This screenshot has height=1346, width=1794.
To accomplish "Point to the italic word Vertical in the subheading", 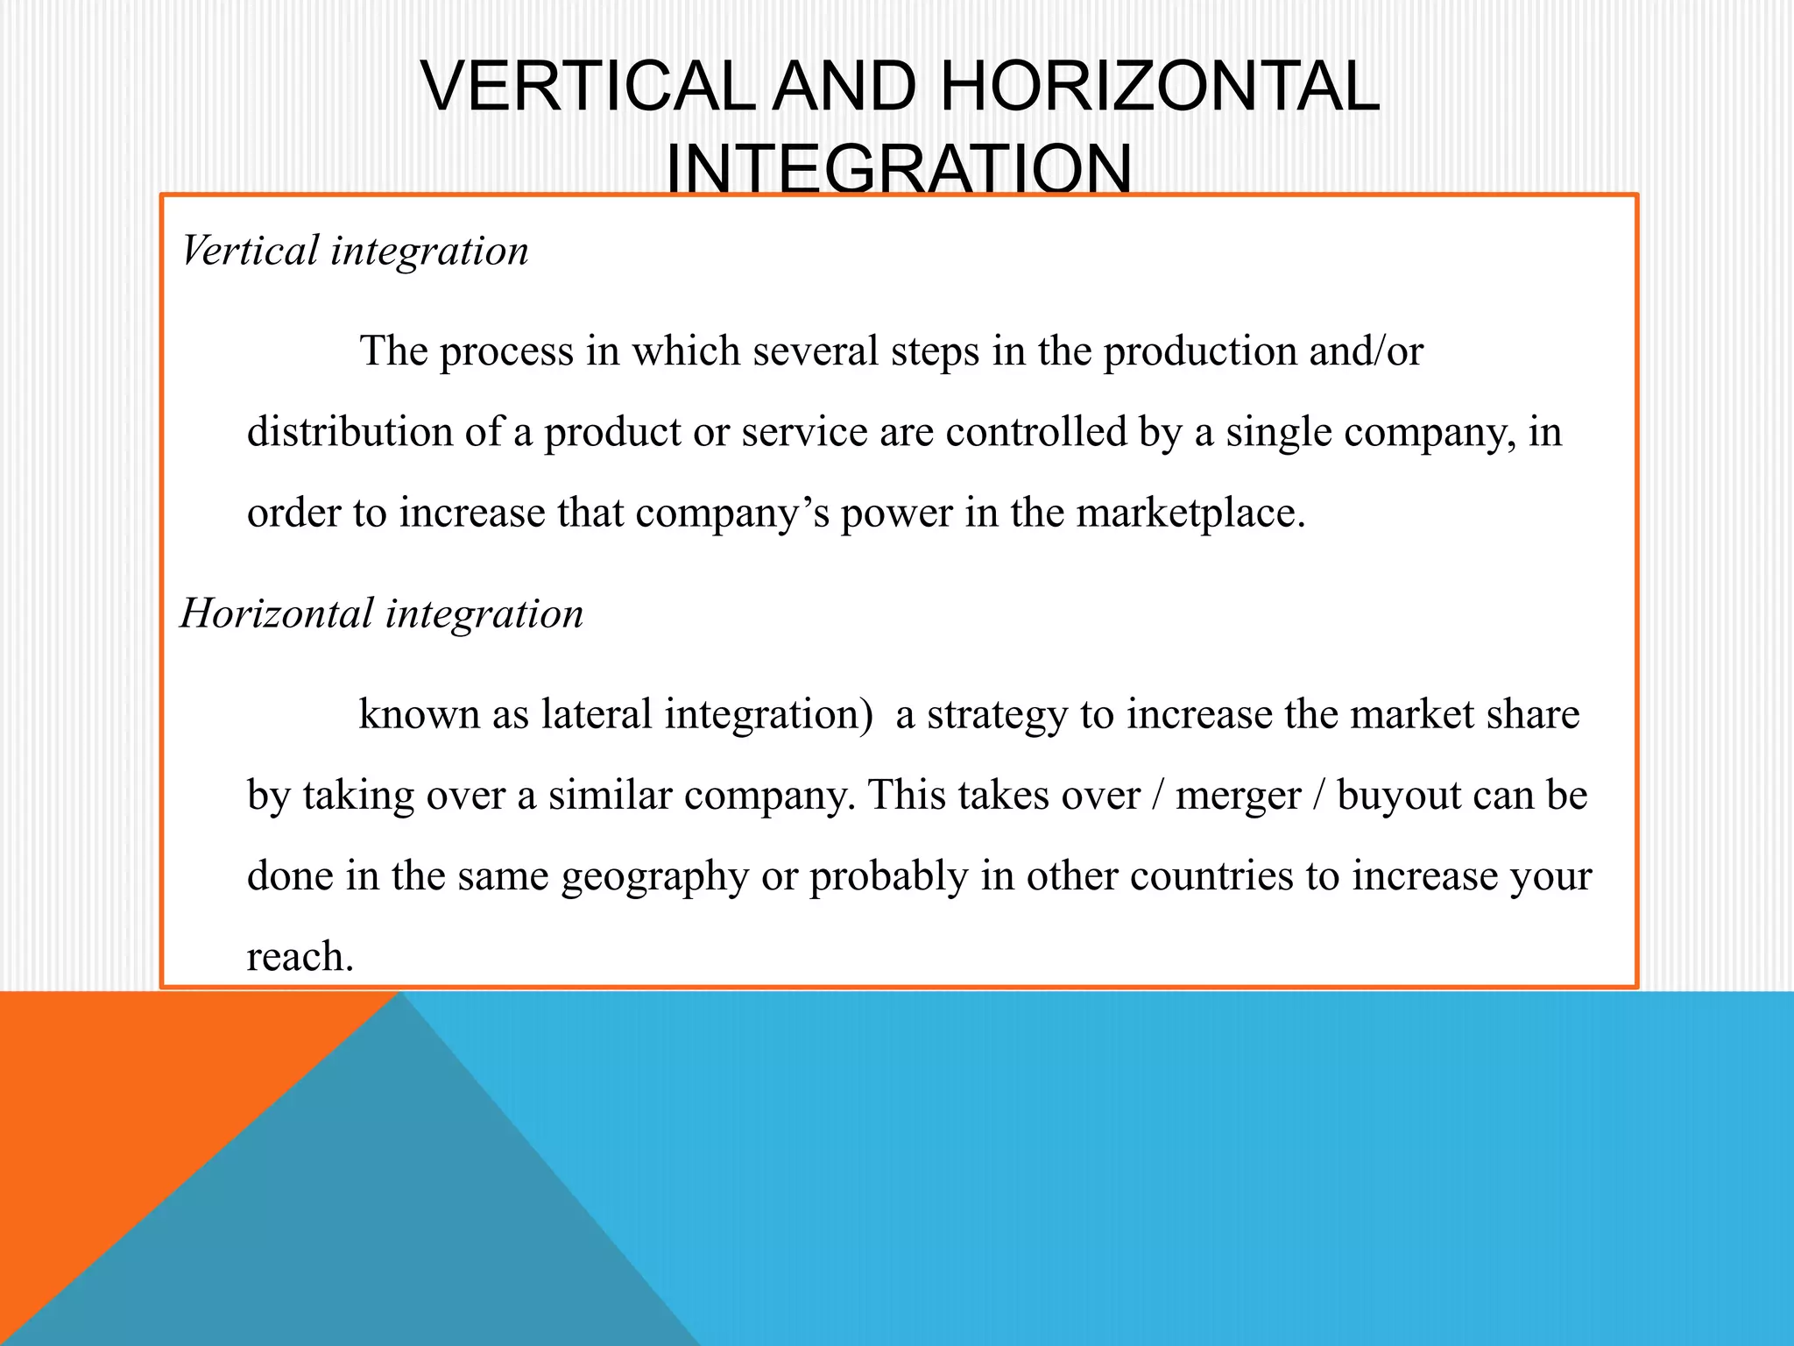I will (x=251, y=251).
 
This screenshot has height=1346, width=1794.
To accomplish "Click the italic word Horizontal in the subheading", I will (x=277, y=613).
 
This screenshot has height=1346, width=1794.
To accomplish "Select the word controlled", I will (x=1035, y=432).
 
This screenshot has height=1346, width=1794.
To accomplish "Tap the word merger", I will (x=1238, y=797).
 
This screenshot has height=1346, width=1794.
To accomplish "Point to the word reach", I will (x=300, y=957).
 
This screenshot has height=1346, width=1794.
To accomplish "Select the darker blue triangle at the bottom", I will (x=368, y=1227).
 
